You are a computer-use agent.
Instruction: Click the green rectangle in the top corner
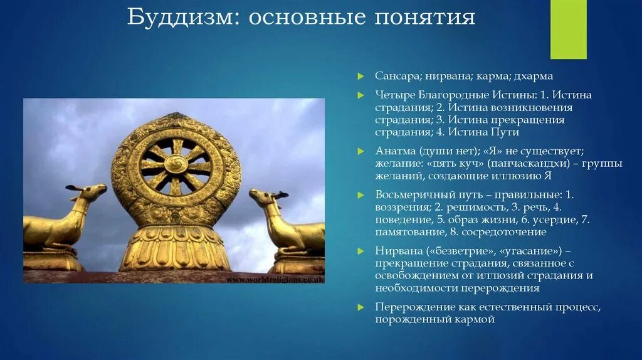click(x=568, y=29)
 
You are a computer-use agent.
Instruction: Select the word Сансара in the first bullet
click(x=397, y=76)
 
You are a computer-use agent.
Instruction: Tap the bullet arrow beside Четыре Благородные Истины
click(x=360, y=95)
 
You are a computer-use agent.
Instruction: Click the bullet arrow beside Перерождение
click(x=360, y=307)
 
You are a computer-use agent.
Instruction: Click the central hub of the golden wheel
click(x=176, y=164)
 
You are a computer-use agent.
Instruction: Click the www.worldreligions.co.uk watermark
click(x=275, y=279)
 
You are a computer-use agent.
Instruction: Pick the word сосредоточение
click(x=504, y=232)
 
